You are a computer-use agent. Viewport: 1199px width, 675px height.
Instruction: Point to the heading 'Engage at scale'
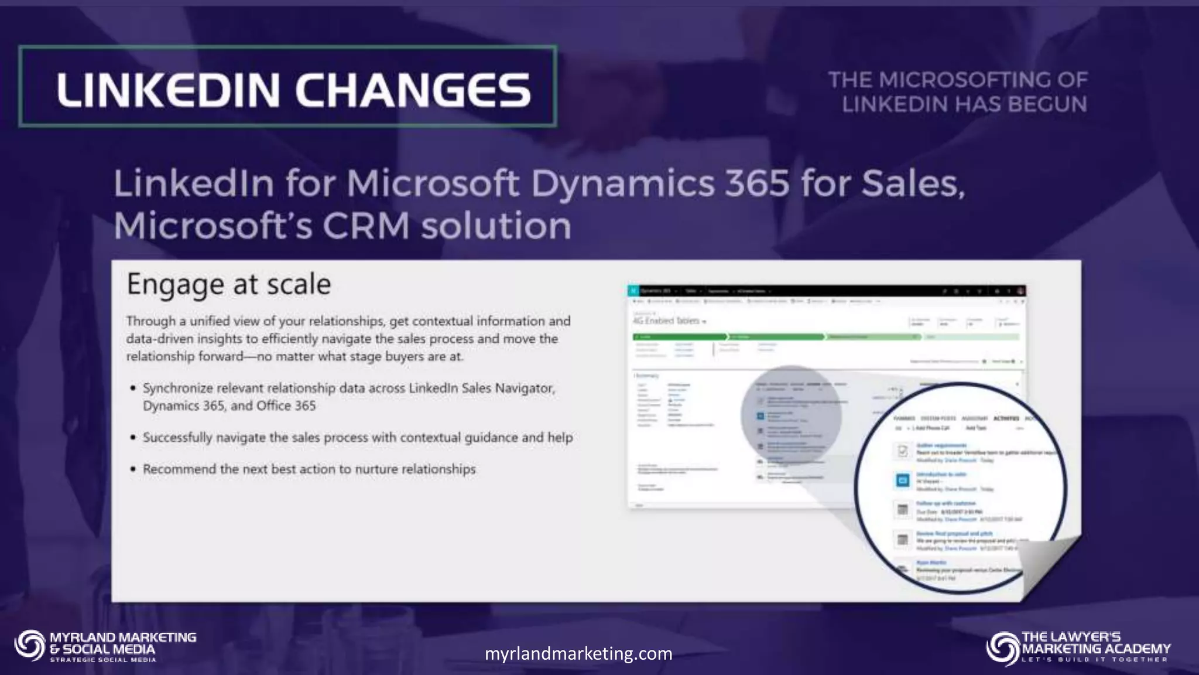click(229, 284)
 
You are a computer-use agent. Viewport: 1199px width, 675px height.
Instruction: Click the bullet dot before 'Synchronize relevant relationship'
click(133, 388)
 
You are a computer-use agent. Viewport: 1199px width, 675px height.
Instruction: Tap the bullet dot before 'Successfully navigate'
click(133, 438)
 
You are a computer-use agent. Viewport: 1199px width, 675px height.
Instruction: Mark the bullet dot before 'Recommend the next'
click(133, 469)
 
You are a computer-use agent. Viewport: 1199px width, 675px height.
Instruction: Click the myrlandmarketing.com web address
click(578, 653)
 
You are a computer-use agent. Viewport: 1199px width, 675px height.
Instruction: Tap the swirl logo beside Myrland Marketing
click(30, 646)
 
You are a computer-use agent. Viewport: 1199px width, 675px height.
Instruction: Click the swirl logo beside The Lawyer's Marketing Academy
click(1002, 648)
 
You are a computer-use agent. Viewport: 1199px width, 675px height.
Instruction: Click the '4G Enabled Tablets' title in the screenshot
click(667, 321)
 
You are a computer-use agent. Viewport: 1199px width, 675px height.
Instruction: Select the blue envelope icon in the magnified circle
click(902, 480)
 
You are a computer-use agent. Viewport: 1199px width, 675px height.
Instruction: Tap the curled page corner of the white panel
click(1048, 565)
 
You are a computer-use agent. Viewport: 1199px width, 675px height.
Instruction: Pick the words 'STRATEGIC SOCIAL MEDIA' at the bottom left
click(103, 660)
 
